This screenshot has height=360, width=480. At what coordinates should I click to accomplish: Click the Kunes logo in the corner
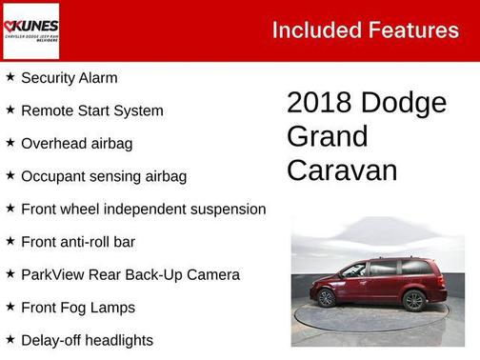(x=30, y=30)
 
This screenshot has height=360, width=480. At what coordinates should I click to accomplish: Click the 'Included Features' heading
(x=365, y=30)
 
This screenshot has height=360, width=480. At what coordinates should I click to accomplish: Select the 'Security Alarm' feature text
(x=70, y=78)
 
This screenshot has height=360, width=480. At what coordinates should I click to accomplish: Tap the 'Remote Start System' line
(x=91, y=110)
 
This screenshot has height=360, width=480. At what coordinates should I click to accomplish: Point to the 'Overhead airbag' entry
(x=76, y=144)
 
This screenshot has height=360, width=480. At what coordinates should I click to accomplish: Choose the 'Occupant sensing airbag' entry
(x=104, y=176)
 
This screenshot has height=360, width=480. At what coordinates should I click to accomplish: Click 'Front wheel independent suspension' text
(x=143, y=209)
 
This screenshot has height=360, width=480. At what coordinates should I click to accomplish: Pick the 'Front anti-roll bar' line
(x=78, y=242)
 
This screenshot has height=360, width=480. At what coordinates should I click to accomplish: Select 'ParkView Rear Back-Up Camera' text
(x=130, y=274)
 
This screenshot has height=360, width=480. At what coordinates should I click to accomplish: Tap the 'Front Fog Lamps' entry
(x=78, y=308)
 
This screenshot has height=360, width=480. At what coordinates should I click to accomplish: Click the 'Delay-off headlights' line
(x=87, y=340)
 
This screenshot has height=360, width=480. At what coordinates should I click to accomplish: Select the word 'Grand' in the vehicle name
(x=327, y=136)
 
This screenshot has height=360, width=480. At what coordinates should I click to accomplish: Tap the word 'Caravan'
(x=341, y=170)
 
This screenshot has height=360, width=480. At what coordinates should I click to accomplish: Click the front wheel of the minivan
(x=327, y=298)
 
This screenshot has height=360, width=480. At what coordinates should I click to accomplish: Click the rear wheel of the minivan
(x=413, y=300)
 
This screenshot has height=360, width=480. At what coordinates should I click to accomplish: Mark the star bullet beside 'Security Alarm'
(x=10, y=77)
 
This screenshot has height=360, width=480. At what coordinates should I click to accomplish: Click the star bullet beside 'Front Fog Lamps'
(x=10, y=307)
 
